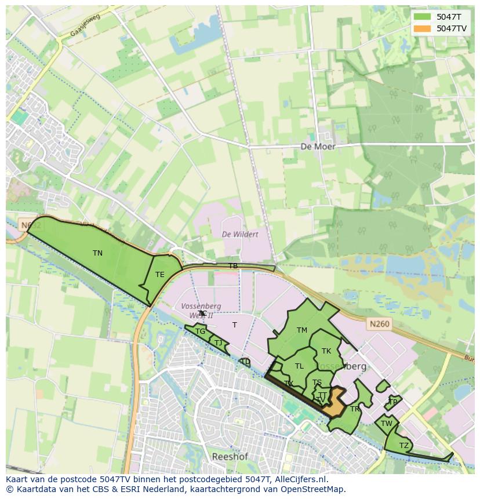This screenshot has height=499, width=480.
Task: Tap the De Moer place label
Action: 318,147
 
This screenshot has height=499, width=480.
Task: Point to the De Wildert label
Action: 240,234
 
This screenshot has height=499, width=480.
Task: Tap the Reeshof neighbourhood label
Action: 230,457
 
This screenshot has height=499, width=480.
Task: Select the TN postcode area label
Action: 97,253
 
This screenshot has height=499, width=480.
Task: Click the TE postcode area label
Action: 159,275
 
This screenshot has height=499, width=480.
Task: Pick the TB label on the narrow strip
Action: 232,266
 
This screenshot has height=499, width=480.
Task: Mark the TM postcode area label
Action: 301,330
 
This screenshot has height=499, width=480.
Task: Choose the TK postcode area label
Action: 326,351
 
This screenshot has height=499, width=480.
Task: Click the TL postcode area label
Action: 299,366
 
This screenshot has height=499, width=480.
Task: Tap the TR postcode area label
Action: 354,409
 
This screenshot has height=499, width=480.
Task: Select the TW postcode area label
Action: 387,424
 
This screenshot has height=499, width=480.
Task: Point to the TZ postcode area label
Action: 403,445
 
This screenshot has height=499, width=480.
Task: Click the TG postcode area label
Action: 200,332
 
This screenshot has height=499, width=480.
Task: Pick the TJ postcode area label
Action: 218,343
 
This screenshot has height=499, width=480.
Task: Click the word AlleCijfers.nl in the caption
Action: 301,479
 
